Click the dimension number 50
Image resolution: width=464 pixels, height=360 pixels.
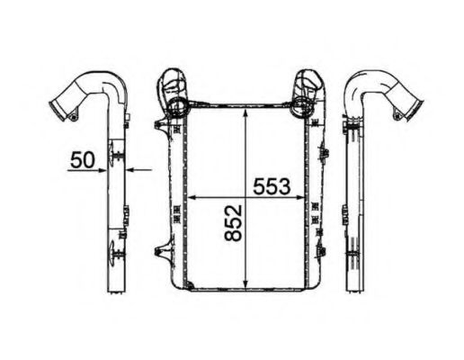[82, 160]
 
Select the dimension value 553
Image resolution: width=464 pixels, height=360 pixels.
[269, 186]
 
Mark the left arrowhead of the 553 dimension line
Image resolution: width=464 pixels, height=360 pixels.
[188, 197]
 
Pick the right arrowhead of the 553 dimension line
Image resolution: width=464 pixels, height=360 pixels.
[306, 197]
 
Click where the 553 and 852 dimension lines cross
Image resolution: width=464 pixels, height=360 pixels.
[247, 197]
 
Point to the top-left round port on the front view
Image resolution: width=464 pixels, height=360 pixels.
[176, 106]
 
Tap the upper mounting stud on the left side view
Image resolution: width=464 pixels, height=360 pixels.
[117, 159]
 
